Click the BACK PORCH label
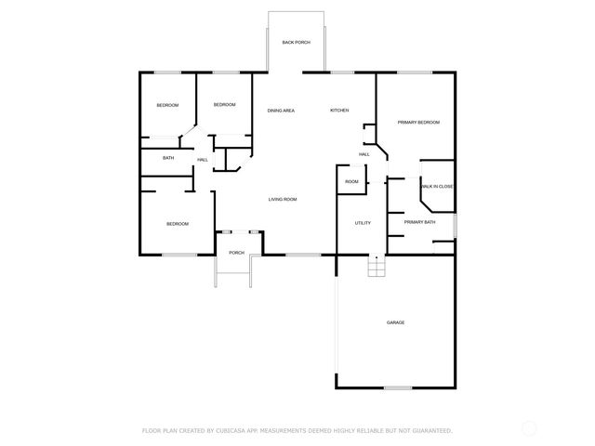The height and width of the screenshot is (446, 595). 297,43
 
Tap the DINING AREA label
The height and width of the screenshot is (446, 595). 281,111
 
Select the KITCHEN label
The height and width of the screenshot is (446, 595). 339,111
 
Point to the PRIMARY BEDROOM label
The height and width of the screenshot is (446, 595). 418,123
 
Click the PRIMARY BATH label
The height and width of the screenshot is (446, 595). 419,222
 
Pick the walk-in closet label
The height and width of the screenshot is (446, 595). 438,187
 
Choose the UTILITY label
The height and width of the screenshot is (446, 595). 363,223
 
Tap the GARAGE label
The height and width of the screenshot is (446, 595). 395,322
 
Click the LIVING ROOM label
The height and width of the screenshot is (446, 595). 283,199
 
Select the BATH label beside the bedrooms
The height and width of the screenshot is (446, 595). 168,158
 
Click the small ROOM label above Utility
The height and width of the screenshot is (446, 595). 351,181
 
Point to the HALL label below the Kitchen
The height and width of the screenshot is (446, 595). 364,154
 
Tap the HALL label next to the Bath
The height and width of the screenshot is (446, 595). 202,160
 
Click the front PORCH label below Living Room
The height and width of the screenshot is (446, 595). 236,252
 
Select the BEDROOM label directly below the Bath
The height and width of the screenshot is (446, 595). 178,223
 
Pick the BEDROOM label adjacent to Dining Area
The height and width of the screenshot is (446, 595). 224,105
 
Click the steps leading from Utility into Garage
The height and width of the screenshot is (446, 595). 375,267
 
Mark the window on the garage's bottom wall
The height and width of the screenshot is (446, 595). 398,387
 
